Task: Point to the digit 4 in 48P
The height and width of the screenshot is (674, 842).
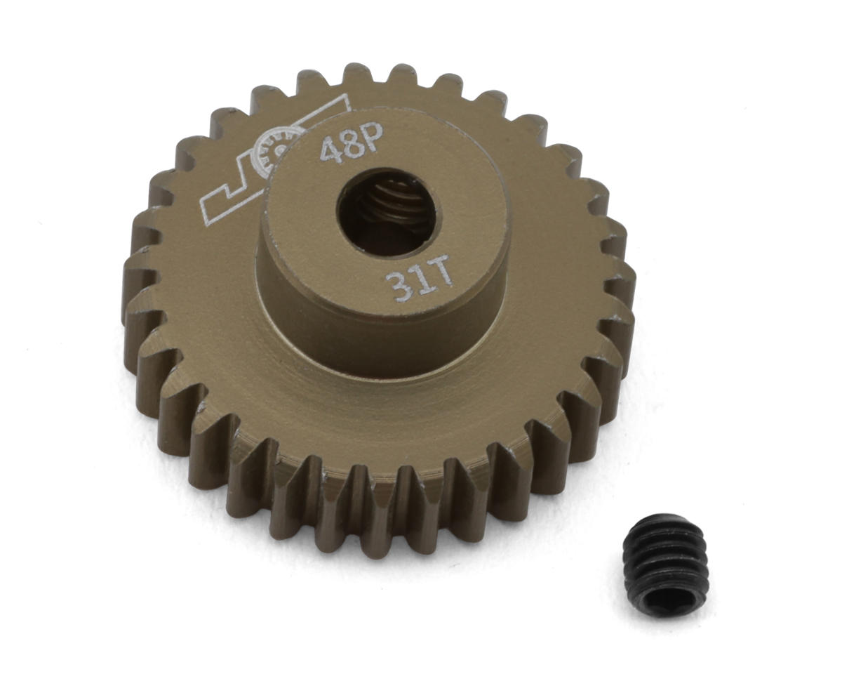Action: tap(330, 150)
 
